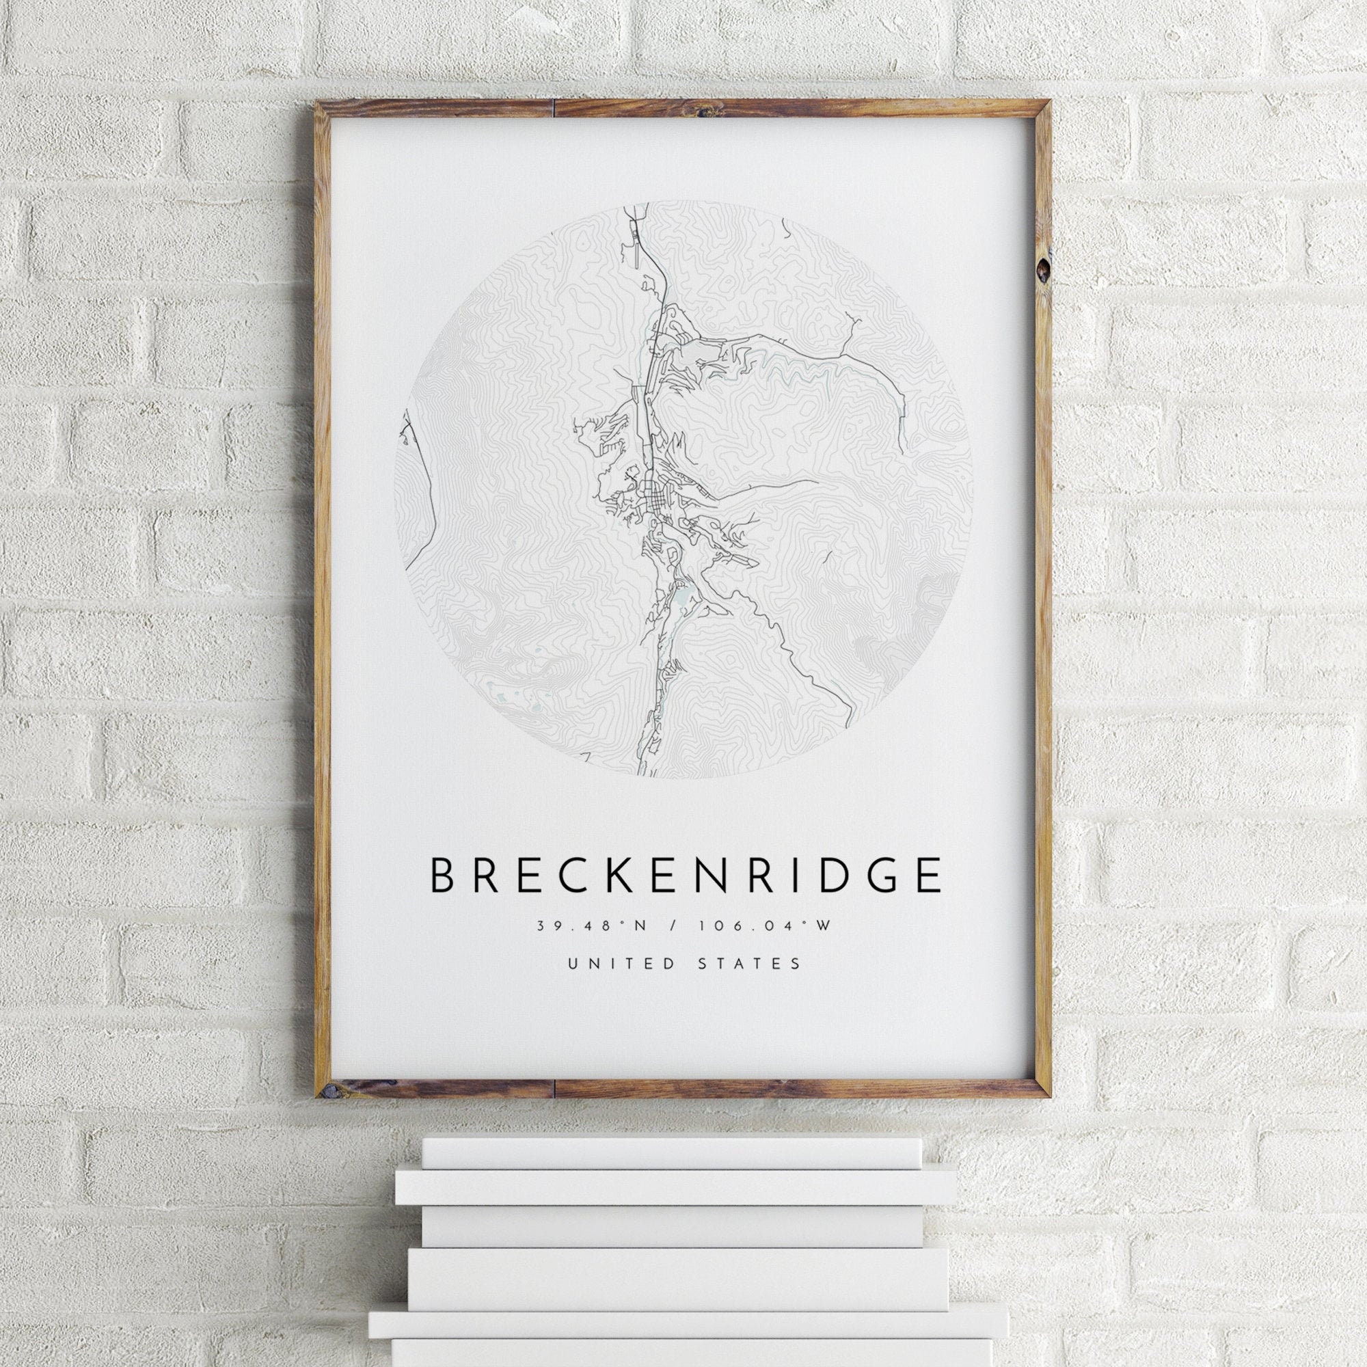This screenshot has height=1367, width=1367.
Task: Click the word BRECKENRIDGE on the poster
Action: (x=685, y=876)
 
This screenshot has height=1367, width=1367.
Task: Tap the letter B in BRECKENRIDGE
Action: (x=442, y=876)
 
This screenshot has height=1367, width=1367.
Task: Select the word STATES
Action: (x=757, y=964)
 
